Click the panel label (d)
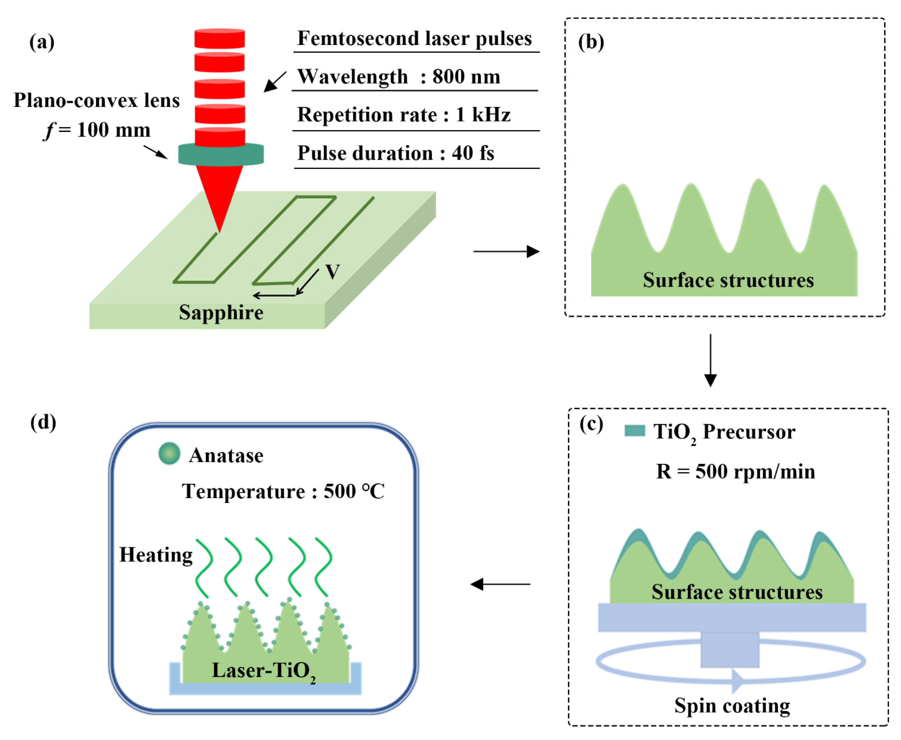(43, 422)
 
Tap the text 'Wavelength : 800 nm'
(398, 77)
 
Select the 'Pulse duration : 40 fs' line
(396, 153)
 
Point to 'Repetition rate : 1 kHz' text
(404, 115)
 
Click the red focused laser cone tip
(219, 226)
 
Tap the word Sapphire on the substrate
(221, 312)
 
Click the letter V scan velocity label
(332, 272)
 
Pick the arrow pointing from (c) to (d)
(500, 584)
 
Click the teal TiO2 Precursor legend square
(634, 430)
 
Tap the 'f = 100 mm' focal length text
(97, 130)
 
